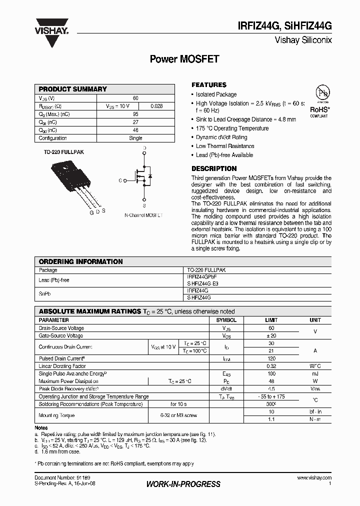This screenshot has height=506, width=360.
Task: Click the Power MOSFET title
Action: coord(184,59)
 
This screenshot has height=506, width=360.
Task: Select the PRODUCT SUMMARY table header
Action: coord(73,89)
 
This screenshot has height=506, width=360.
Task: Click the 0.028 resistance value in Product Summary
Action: coord(156,106)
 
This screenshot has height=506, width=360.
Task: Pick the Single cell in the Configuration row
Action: coord(135,138)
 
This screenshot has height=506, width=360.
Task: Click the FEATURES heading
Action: coord(209,85)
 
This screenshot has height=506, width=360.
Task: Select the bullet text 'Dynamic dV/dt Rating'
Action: coord(221,137)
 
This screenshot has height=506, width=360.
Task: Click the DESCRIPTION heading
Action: coord(214,168)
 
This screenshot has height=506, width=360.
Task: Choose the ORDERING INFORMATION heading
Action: coord(80,261)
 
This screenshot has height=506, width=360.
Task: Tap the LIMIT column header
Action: coord(271,320)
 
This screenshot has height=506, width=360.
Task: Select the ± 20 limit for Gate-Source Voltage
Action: coord(271,336)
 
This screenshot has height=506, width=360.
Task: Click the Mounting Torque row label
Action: coord(56,415)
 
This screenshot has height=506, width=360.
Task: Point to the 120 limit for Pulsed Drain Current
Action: coord(271,358)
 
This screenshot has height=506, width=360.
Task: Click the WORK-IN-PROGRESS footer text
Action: coord(183,484)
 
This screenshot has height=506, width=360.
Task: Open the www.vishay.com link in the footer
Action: coord(314,478)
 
